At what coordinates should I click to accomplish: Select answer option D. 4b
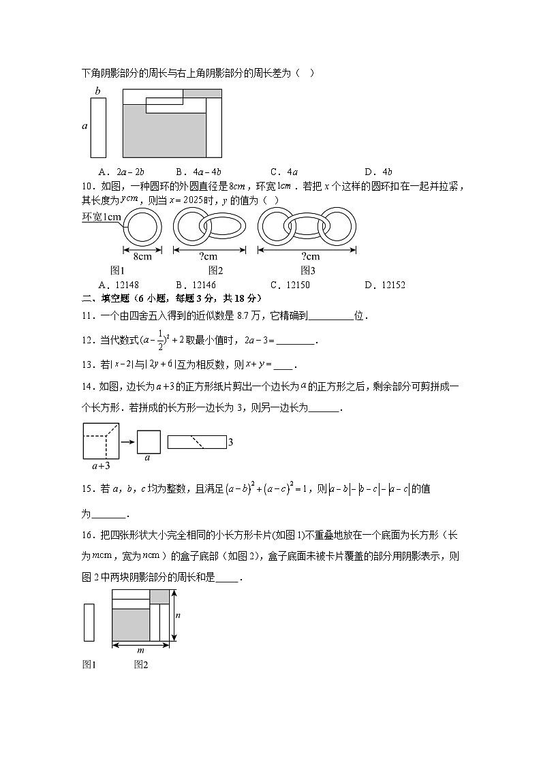pos(378,172)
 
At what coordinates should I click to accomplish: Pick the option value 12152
pos(378,285)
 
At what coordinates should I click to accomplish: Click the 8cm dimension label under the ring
pos(142,257)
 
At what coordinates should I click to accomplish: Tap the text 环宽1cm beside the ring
pos(102,217)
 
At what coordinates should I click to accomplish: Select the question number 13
pos(87,364)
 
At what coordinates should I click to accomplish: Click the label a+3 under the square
pos(101,467)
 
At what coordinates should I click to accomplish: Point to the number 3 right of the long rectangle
pos(231,443)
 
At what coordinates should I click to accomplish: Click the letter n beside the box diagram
pos(179,615)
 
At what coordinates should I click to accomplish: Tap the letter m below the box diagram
pos(140,650)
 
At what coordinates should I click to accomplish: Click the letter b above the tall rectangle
pos(97,91)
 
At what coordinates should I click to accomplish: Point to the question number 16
pos(87,535)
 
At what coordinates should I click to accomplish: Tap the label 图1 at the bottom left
pos(89,665)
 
